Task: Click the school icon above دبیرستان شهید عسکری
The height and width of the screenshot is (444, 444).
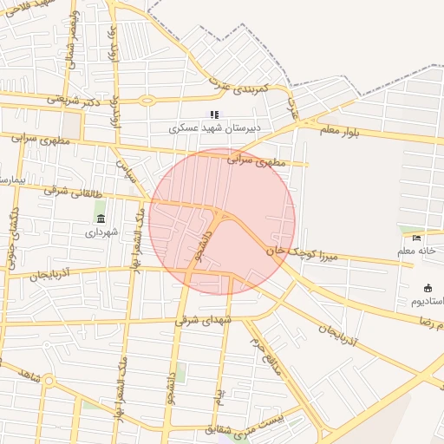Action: click(x=214, y=114)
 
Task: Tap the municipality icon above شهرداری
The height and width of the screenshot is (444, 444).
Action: click(x=101, y=218)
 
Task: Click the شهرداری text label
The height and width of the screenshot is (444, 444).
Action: click(x=101, y=232)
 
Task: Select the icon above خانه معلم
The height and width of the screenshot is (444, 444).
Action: click(x=416, y=238)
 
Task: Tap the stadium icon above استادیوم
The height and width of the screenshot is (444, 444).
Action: click(x=427, y=288)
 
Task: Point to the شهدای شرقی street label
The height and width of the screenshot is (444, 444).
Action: click(x=204, y=320)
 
